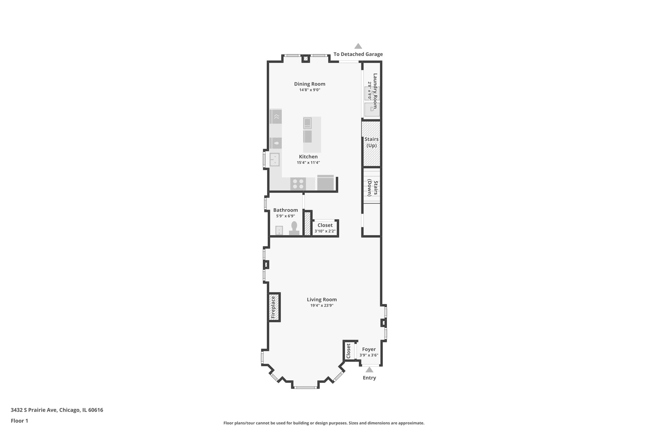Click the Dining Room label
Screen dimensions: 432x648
309,84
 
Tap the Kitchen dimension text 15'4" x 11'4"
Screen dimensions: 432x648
308,163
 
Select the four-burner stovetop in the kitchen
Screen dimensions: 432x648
298,184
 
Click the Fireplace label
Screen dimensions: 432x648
273,307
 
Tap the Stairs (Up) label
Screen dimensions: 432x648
371,142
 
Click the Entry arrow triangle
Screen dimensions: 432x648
369,370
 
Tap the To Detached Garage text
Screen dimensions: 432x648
358,54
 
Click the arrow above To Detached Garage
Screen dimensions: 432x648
358,46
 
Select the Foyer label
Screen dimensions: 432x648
369,349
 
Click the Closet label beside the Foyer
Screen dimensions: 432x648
348,351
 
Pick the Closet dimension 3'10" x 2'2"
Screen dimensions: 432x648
325,231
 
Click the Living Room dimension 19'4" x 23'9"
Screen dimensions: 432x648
322,305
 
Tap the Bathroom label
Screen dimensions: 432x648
285,210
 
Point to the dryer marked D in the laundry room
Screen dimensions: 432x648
371,110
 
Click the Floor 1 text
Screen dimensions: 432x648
19,421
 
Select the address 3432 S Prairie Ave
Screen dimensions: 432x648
34,410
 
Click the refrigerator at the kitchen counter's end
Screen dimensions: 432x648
325,183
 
